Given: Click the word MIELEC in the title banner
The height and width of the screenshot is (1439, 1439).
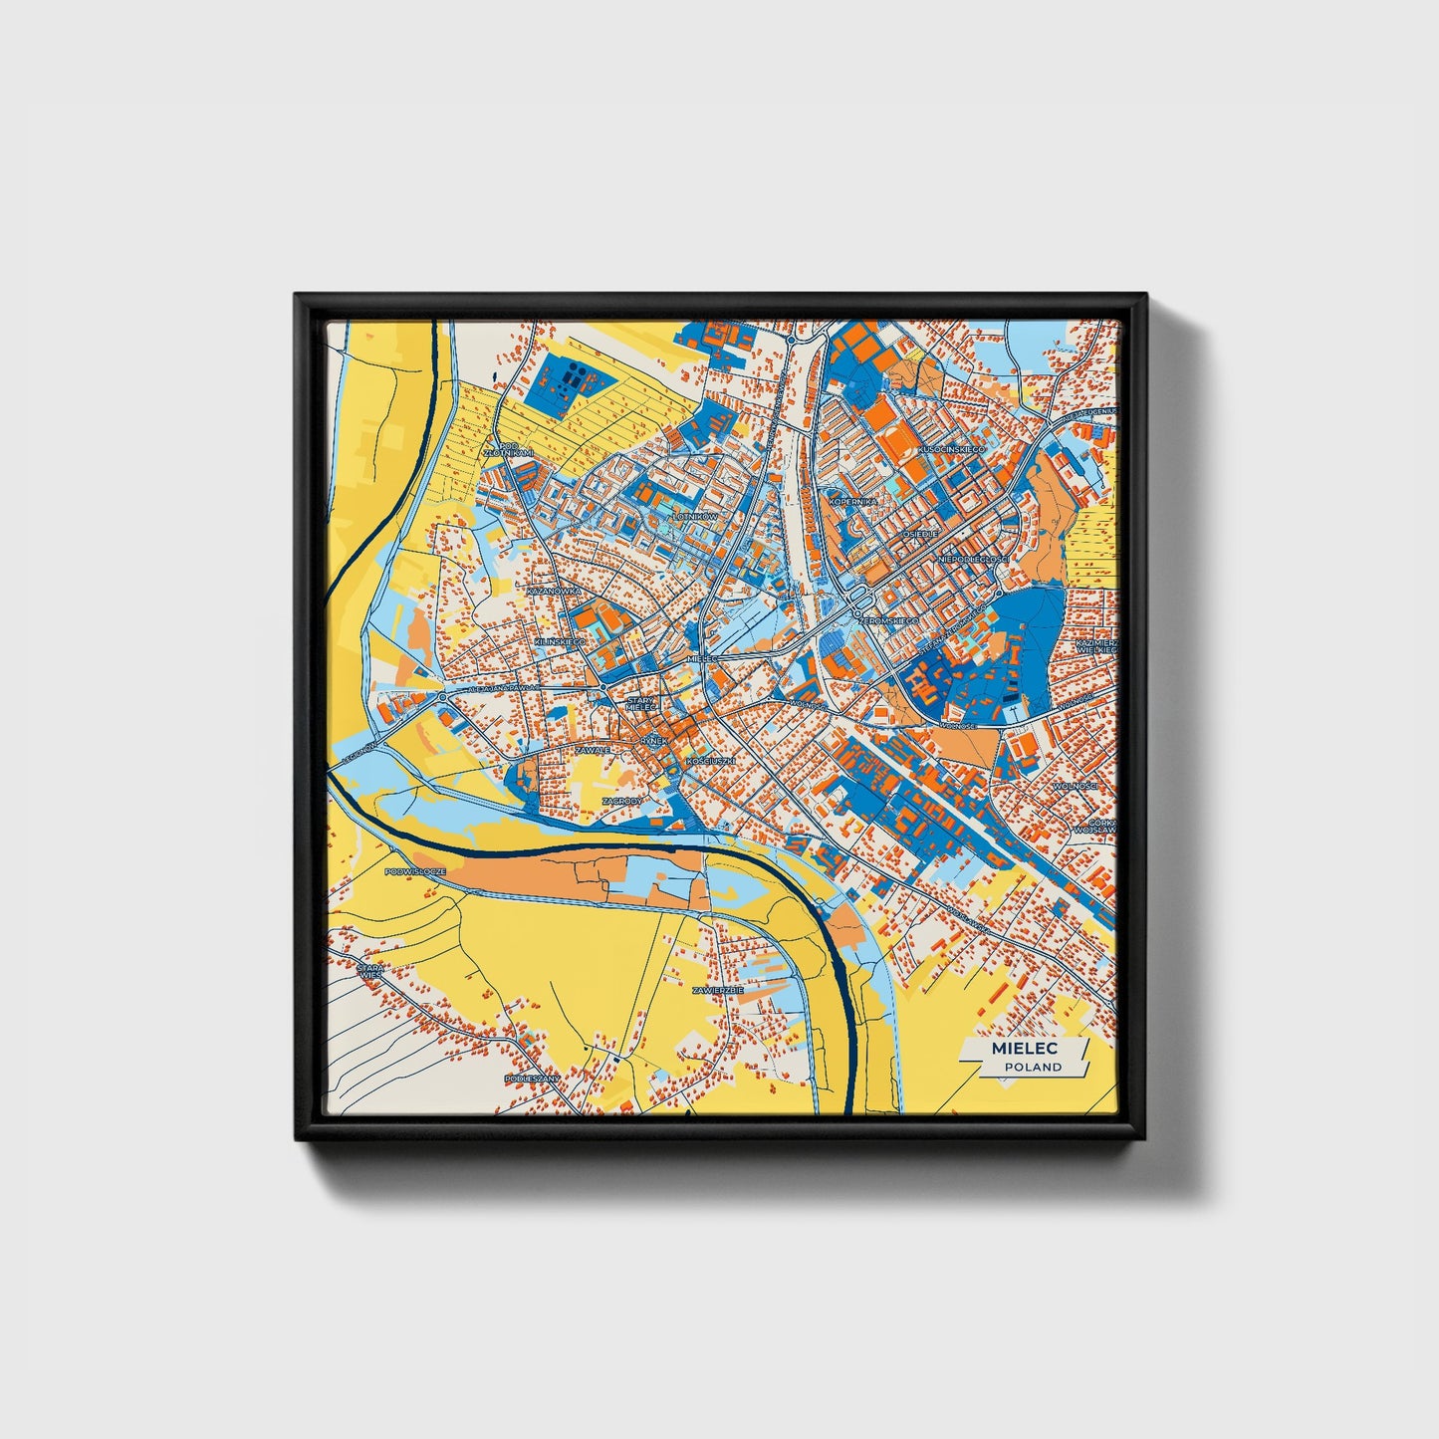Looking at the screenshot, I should pos(1024,1049).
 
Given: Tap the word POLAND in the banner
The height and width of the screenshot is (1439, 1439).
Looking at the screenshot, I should pos(1033,1067).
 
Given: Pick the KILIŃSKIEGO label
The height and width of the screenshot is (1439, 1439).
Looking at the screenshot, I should pos(561,642).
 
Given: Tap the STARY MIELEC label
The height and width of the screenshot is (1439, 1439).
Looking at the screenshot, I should pos(641,704).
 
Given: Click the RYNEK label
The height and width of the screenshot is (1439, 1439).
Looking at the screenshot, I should pos(653,741).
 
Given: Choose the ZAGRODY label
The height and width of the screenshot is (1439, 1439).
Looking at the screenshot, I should pos(622,800).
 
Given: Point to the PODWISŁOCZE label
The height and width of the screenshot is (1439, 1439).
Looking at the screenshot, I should pos(415,871).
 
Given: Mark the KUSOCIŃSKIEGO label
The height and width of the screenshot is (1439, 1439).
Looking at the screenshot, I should pos(952,450).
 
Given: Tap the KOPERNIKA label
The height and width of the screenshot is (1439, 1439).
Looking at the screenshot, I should pos(853,502).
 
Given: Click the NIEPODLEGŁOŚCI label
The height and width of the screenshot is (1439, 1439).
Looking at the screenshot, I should pos(973,560).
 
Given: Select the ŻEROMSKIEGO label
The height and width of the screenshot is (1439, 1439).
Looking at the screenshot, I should pos(889,620).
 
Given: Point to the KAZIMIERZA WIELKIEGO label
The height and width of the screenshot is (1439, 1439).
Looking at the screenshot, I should pos(1096,646).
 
